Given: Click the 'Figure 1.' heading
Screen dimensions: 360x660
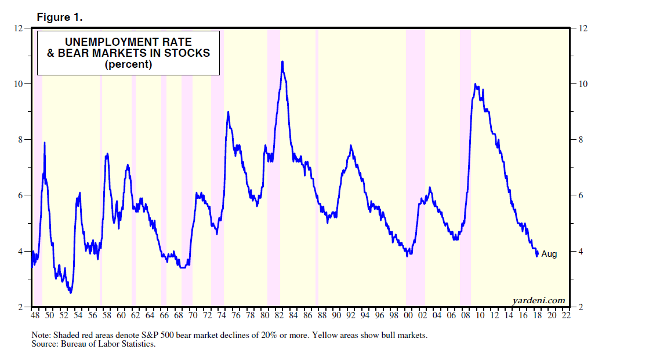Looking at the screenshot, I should pyautogui.click(x=59, y=17).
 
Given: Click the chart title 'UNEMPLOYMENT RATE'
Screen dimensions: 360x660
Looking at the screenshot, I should pyautogui.click(x=128, y=42).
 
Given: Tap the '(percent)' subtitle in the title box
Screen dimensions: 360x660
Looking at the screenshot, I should pyautogui.click(x=128, y=65).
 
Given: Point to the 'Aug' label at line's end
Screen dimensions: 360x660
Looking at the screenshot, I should pyautogui.click(x=549, y=254).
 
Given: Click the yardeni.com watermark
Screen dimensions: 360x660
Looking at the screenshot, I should pyautogui.click(x=539, y=300).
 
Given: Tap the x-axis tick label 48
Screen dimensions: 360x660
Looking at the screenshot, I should pyautogui.click(x=34, y=315).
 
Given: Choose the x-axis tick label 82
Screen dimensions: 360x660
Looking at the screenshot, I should pyautogui.click(x=278, y=315).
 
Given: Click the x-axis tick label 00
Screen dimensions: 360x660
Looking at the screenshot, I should pyautogui.click(x=408, y=315).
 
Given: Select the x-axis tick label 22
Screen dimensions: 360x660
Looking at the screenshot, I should pyautogui.click(x=566, y=315).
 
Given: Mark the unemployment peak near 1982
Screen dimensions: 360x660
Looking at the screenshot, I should pyautogui.click(x=282, y=61).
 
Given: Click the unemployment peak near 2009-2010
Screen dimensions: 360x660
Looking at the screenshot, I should pyautogui.click(x=476, y=85).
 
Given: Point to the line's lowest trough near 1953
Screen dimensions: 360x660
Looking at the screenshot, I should pyautogui.click(x=71, y=293).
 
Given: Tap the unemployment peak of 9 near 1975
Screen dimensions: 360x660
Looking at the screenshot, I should pyautogui.click(x=228, y=112).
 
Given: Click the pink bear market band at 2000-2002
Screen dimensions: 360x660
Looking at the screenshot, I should pyautogui.click(x=415, y=174).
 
